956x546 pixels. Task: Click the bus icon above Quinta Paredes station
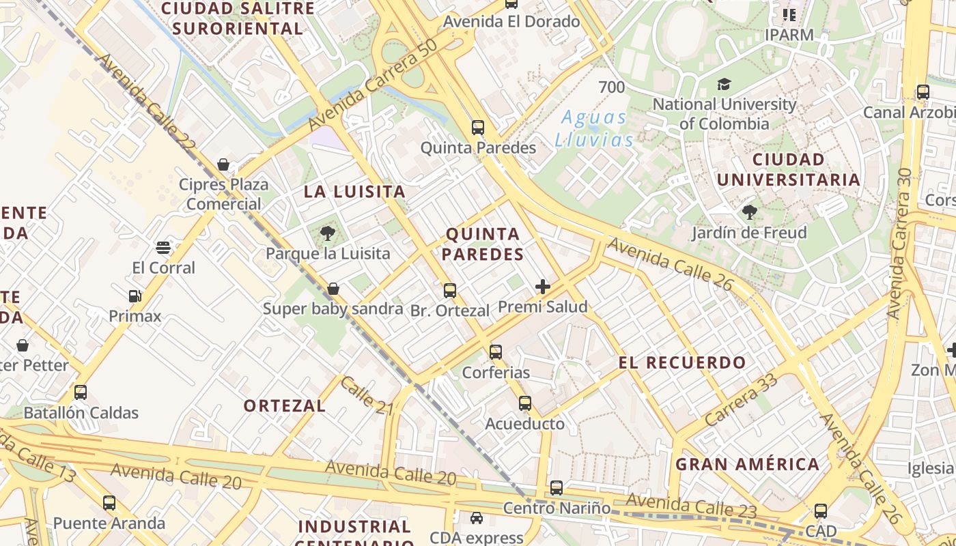click(x=478, y=128)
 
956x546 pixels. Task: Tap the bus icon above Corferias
click(x=496, y=352)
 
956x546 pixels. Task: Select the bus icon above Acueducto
click(x=524, y=403)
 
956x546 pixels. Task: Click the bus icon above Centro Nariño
click(x=557, y=488)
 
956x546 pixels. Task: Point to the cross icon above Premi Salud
click(x=543, y=287)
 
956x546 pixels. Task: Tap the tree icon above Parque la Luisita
click(x=328, y=233)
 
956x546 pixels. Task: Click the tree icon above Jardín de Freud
click(x=749, y=212)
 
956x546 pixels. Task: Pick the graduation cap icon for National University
click(x=724, y=85)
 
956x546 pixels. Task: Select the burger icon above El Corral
click(x=163, y=247)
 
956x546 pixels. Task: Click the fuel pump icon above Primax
click(x=135, y=296)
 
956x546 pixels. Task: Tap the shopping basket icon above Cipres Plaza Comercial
click(x=223, y=164)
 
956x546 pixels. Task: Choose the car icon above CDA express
click(x=476, y=518)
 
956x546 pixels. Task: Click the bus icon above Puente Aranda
click(x=109, y=503)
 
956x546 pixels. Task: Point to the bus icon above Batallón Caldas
click(x=81, y=392)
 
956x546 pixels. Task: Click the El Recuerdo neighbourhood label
click(x=682, y=362)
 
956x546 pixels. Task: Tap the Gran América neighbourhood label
click(x=747, y=464)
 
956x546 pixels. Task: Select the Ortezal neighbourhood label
click(x=285, y=405)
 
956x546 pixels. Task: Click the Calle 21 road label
click(x=367, y=395)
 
